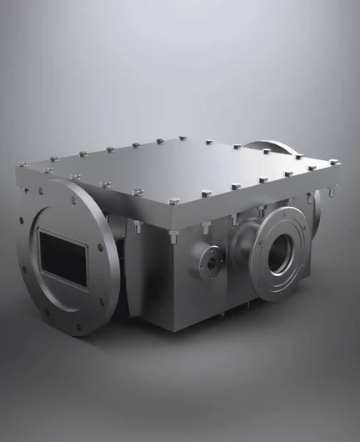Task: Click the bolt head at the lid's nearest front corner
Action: (173, 202)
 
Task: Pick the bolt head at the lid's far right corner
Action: (333, 163)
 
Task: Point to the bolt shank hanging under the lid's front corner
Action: (172, 236)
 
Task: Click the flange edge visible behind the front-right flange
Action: (312, 225)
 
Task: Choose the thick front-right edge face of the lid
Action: (258, 196)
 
